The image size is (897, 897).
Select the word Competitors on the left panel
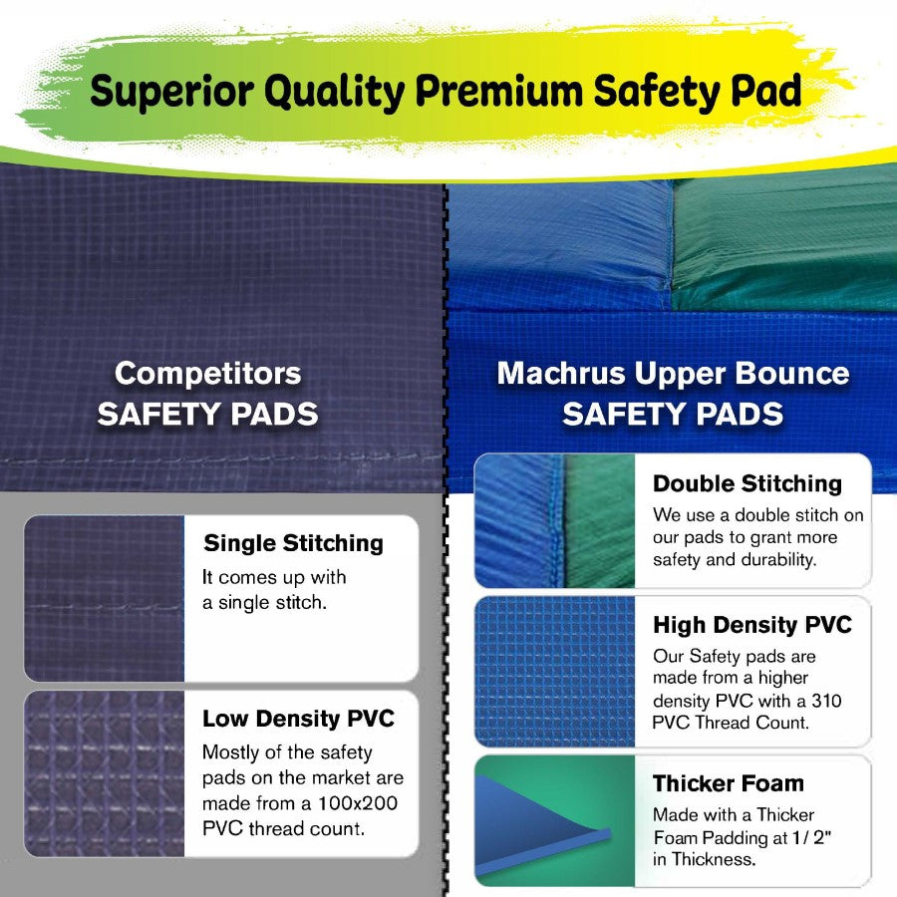(207, 374)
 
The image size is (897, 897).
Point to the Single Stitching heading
(293, 544)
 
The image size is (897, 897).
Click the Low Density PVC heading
(298, 719)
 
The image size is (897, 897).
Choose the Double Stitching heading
(747, 484)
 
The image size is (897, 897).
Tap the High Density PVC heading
(752, 626)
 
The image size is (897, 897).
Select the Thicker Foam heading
(729, 783)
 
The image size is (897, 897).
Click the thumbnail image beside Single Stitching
(105, 599)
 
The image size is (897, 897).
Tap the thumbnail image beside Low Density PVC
(105, 773)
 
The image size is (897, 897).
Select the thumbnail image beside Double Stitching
(555, 521)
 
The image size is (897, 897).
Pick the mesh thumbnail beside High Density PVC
(555, 671)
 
